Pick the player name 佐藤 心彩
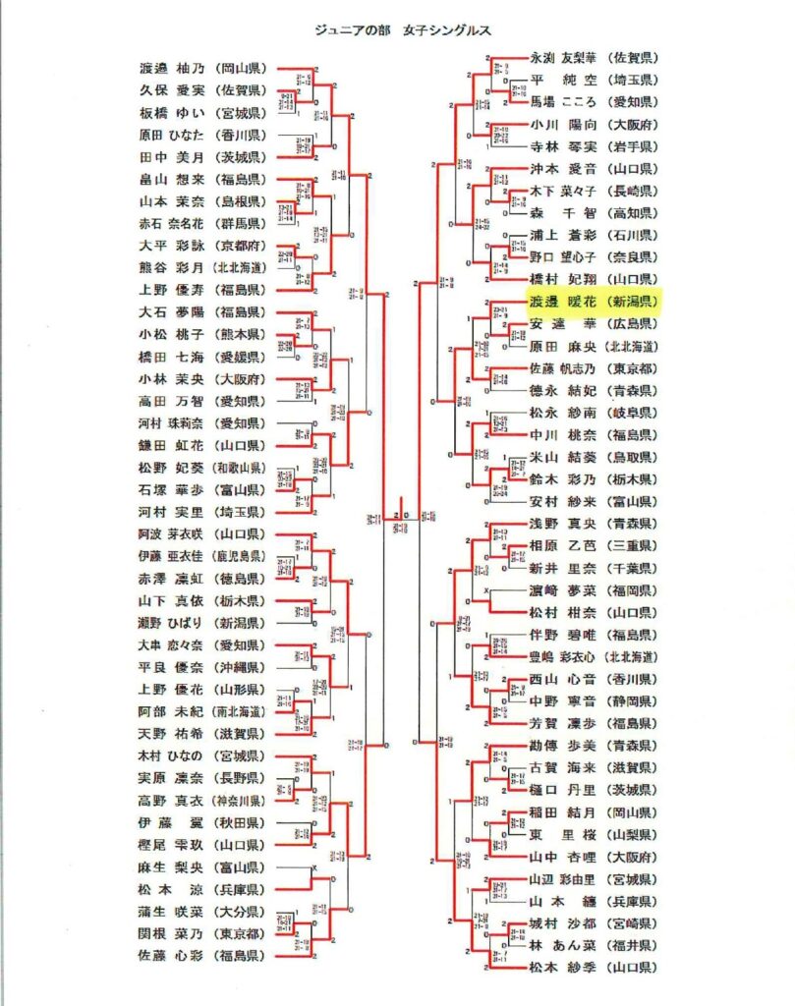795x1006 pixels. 174,955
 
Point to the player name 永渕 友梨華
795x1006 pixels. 565,58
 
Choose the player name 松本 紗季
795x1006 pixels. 565,967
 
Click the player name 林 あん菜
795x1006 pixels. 565,945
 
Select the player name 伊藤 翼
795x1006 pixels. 174,822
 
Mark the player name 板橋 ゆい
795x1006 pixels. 174,113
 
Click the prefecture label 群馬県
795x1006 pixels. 240,224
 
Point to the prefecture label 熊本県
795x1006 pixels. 240,335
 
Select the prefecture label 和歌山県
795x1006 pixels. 242,468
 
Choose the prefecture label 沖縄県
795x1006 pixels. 240,667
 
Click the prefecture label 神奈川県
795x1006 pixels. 242,800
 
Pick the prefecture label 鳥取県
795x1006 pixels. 634,457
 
